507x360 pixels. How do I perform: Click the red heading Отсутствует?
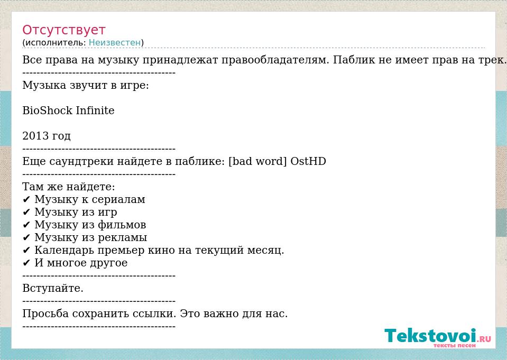tap(63, 30)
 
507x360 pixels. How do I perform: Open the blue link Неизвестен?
tap(115, 42)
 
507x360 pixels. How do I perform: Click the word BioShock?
tap(47, 110)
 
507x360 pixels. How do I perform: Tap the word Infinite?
tap(95, 110)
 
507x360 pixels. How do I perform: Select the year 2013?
tap(35, 136)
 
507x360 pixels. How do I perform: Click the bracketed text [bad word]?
tap(257, 161)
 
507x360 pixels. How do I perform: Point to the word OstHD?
tap(308, 161)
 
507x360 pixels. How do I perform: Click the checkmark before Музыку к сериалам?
tap(26, 200)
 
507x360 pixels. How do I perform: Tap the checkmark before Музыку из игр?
tap(26, 212)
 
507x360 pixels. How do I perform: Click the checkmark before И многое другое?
tap(26, 263)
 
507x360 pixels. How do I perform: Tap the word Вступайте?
tap(53, 288)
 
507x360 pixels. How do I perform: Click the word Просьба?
tap(45, 313)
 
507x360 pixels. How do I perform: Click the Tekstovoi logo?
tap(438, 337)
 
